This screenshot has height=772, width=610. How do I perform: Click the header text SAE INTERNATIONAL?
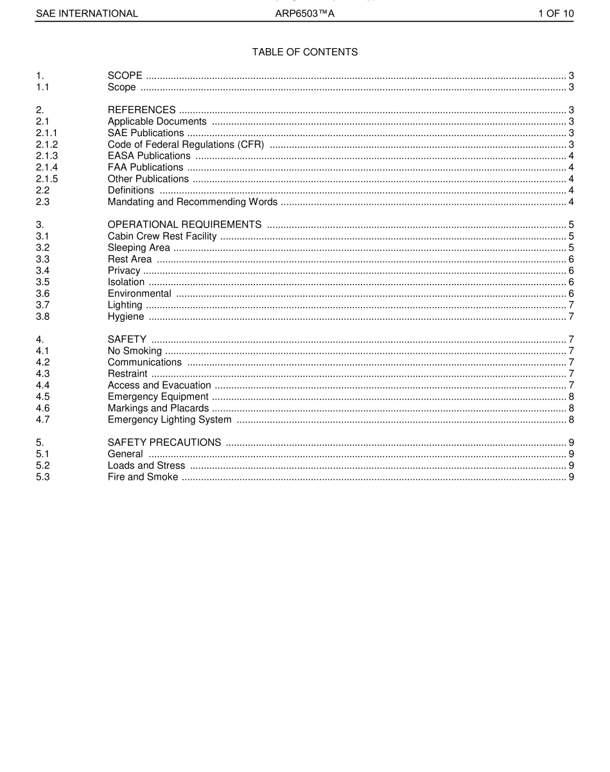pyautogui.click(x=87, y=13)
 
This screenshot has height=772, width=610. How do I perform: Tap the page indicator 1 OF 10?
pyautogui.click(x=555, y=13)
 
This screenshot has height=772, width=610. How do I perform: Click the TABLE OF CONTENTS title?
pyautogui.click(x=305, y=52)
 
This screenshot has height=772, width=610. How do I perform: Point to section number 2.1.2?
pyautogui.click(x=47, y=145)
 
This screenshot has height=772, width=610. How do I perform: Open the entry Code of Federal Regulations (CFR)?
pyautogui.click(x=186, y=145)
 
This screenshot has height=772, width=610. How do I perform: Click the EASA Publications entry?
pyautogui.click(x=149, y=156)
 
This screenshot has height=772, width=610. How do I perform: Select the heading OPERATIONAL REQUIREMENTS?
pyautogui.click(x=184, y=225)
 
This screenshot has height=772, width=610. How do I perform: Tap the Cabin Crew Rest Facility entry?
pyautogui.click(x=162, y=236)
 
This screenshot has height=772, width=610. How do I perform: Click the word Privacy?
pyautogui.click(x=124, y=270)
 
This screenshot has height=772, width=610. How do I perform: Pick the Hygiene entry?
pyautogui.click(x=126, y=317)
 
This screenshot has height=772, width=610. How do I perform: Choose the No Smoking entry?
pyautogui.click(x=135, y=351)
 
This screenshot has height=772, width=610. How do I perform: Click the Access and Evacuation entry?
pyautogui.click(x=159, y=385)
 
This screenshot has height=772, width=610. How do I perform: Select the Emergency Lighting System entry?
pyautogui.click(x=170, y=420)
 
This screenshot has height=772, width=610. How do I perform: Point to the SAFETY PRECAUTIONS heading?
pyautogui.click(x=164, y=443)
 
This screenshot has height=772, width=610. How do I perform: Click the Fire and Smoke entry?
pyautogui.click(x=143, y=477)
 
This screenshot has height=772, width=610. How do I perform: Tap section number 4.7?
pyautogui.click(x=43, y=420)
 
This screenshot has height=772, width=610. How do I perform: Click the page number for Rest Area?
pyautogui.click(x=571, y=259)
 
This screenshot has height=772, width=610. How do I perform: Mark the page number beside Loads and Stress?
pyautogui.click(x=571, y=466)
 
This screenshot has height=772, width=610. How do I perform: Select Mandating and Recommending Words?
pyautogui.click(x=193, y=202)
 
